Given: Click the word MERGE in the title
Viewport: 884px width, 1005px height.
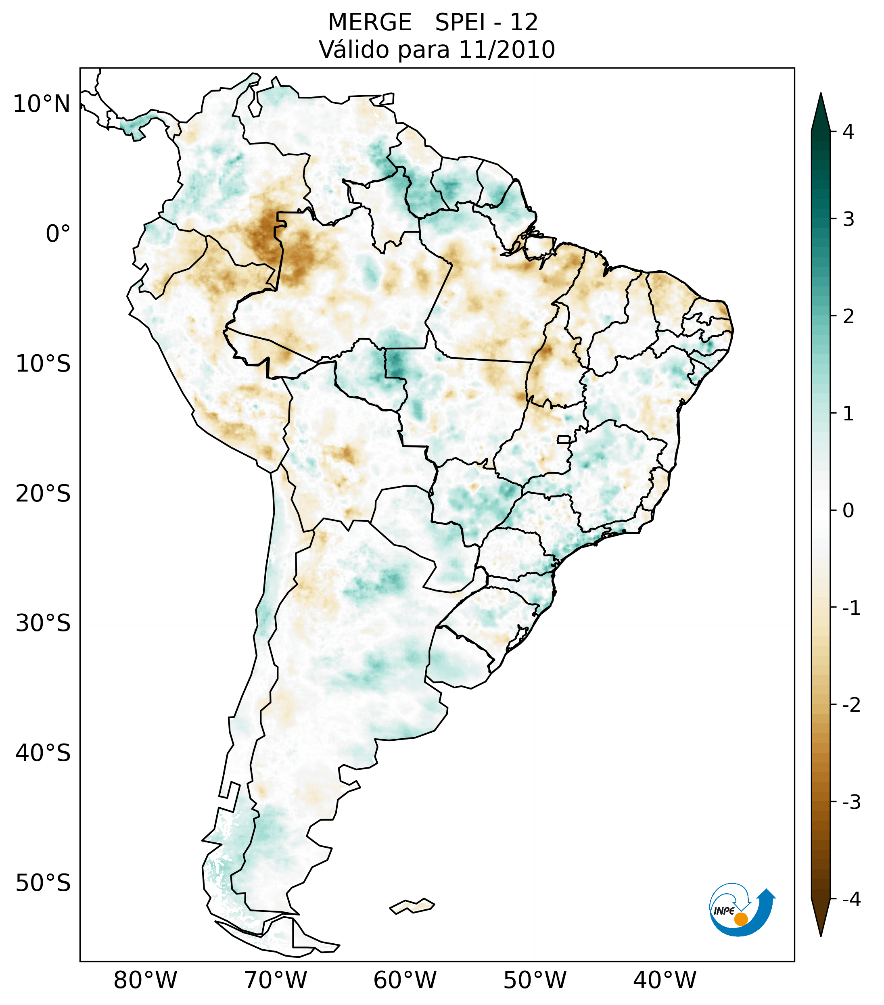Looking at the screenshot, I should (x=370, y=23).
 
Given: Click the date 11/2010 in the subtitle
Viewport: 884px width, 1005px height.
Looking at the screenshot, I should (x=507, y=50).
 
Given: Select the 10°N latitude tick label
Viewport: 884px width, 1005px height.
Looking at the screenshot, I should (x=42, y=104).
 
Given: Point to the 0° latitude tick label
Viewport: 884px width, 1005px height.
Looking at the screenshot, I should (x=58, y=234).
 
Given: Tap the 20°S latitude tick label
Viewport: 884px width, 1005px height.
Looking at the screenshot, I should (x=43, y=494).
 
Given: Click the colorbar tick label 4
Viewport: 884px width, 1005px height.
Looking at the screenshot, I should (x=848, y=132).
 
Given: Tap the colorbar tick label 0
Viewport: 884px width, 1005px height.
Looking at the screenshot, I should (x=848, y=511).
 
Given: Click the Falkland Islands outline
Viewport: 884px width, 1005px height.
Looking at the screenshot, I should (x=412, y=906).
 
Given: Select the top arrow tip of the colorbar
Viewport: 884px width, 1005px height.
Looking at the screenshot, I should (x=820, y=96).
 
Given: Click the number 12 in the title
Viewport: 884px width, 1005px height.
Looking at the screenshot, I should (x=524, y=23).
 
